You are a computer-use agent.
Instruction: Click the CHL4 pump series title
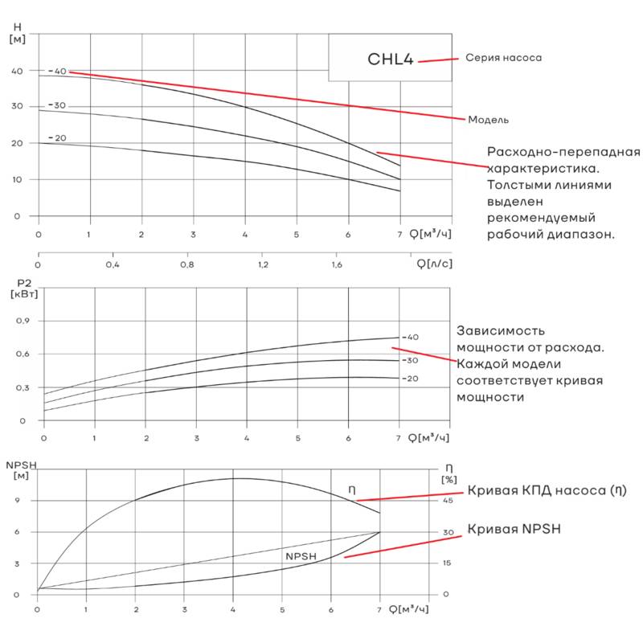[x=390, y=59]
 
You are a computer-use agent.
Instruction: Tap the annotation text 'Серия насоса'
[x=503, y=58]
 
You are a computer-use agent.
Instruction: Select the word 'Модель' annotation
[x=489, y=120]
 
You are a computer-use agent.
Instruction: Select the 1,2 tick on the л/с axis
[x=263, y=264]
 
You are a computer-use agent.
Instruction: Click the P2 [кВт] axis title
[x=23, y=289]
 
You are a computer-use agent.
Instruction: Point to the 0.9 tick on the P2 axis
[x=23, y=321]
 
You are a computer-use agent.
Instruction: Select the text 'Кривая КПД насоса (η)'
[x=546, y=490]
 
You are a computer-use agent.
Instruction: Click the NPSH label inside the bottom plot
[x=301, y=556]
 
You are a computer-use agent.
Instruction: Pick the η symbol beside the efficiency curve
[x=351, y=489]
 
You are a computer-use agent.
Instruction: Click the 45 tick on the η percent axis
[x=448, y=501]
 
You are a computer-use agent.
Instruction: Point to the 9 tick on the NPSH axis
[x=17, y=501]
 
